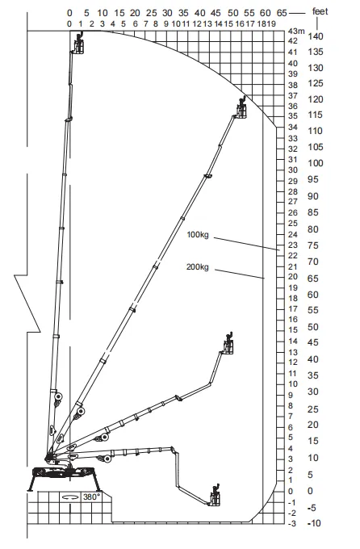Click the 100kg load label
click(198, 235)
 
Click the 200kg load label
click(198, 267)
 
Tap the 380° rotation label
click(92, 497)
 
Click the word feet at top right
click(320, 12)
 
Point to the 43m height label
click(296, 31)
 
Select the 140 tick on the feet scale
click(316, 36)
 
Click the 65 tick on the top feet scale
click(282, 13)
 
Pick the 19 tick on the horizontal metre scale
click(271, 23)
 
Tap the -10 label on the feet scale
click(314, 523)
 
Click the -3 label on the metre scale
click(292, 524)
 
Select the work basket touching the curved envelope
click(241, 109)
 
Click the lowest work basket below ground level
click(216, 496)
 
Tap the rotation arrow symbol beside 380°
click(70, 497)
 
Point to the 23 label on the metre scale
click(293, 245)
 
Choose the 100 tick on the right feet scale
click(316, 163)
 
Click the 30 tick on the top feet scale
click(167, 13)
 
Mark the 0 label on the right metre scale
click(291, 491)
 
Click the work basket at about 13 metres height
click(228, 343)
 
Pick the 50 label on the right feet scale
click(313, 327)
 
